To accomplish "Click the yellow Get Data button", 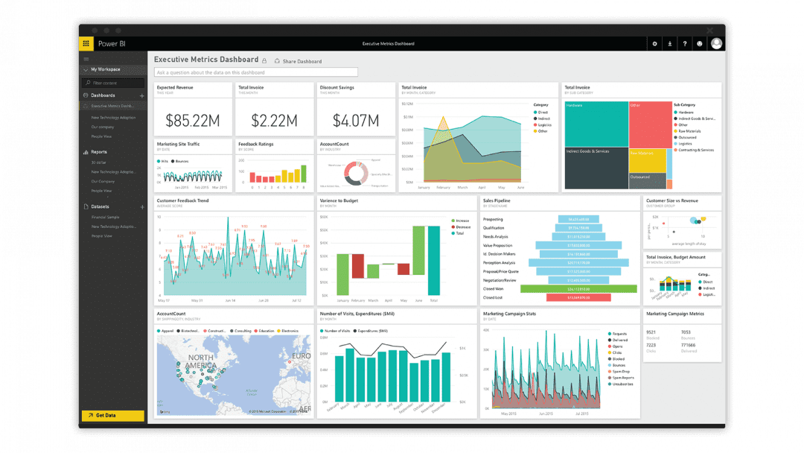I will pos(112,415).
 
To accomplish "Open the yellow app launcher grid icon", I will pos(86,44).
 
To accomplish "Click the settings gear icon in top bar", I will pos(654,44).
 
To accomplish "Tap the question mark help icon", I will pos(684,44).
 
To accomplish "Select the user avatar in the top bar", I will pos(716,44).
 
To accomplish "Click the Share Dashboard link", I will pos(299,61).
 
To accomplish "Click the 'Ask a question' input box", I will pos(256,72).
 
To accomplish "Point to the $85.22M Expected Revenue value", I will pos(192,120).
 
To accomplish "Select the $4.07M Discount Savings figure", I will pos(356,120).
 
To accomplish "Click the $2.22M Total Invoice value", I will pos(274,120).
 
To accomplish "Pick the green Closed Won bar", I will pos(578,288).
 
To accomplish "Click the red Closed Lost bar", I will pos(578,297).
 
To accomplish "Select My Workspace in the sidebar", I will pos(105,69).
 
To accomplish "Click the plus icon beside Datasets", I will pos(141,206).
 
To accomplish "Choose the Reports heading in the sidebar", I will pos(99,152).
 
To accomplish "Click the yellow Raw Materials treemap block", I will pos(647,161).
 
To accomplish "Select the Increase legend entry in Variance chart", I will pos(462,221).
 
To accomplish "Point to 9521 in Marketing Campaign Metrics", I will pos(651,332).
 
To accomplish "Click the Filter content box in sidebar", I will pos(113,83).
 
